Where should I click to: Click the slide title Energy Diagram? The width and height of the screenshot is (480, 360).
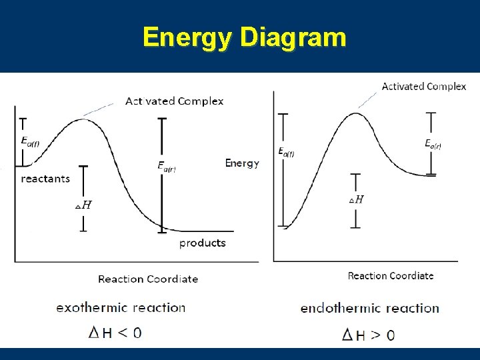tap(244, 37)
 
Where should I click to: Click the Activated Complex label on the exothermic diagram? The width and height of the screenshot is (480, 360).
tap(175, 101)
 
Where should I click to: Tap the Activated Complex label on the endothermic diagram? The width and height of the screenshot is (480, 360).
tap(423, 87)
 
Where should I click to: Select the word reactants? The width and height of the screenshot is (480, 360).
tap(45, 179)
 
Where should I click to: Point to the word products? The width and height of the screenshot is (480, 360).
tap(203, 243)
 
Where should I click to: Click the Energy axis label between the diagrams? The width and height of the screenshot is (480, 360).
tap(242, 163)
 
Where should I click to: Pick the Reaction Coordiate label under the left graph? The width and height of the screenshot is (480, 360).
tap(148, 279)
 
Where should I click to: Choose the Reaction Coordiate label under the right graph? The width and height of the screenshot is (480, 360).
tap(391, 275)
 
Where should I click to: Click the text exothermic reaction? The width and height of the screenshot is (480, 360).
tap(121, 307)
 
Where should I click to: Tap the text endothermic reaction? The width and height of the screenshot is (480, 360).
tap(370, 308)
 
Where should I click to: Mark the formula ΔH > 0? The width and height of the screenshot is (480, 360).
tap(368, 334)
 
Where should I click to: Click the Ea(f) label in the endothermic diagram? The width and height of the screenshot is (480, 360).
tap(286, 152)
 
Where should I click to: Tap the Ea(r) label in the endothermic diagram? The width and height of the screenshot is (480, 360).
tap(433, 143)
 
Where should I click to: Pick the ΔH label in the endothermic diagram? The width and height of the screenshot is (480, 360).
tap(357, 199)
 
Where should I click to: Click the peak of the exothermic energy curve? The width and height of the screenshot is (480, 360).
tap(81, 119)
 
